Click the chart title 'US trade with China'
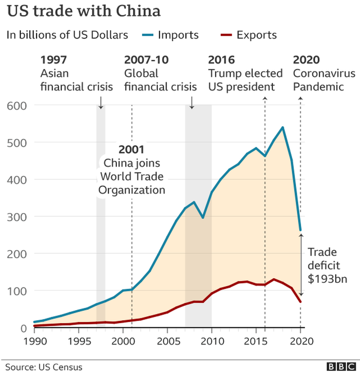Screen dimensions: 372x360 coord(84,11)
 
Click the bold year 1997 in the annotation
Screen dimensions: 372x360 coord(54,60)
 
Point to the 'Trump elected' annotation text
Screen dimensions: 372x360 coord(245,73)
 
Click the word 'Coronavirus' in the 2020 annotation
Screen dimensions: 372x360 coord(324,73)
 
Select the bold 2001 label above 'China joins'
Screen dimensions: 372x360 coord(131,150)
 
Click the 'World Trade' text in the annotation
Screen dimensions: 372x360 coord(132,176)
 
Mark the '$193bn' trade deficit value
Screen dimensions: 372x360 coord(328,279)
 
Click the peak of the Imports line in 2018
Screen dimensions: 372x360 coord(283,128)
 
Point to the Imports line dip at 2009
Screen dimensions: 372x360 coord(202,218)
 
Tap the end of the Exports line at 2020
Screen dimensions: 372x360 coord(300,302)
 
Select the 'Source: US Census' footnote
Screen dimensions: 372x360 coord(44,367)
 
